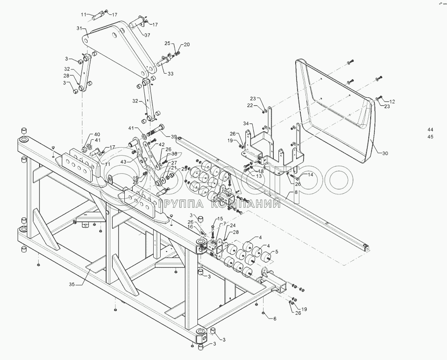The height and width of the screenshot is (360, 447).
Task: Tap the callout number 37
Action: [147, 35]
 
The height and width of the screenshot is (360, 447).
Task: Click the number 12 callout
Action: [392, 101]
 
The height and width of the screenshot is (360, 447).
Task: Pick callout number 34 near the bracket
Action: [245, 123]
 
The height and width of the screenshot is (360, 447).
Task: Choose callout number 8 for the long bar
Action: [295, 192]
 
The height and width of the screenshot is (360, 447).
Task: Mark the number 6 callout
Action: [275, 319]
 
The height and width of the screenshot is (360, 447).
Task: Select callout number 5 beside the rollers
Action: [277, 251]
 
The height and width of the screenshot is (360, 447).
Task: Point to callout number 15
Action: [220, 219]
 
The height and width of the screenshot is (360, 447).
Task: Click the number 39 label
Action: [174, 136]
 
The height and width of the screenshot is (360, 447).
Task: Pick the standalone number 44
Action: [430, 129]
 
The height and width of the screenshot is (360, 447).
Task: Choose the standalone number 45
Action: [430, 136]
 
